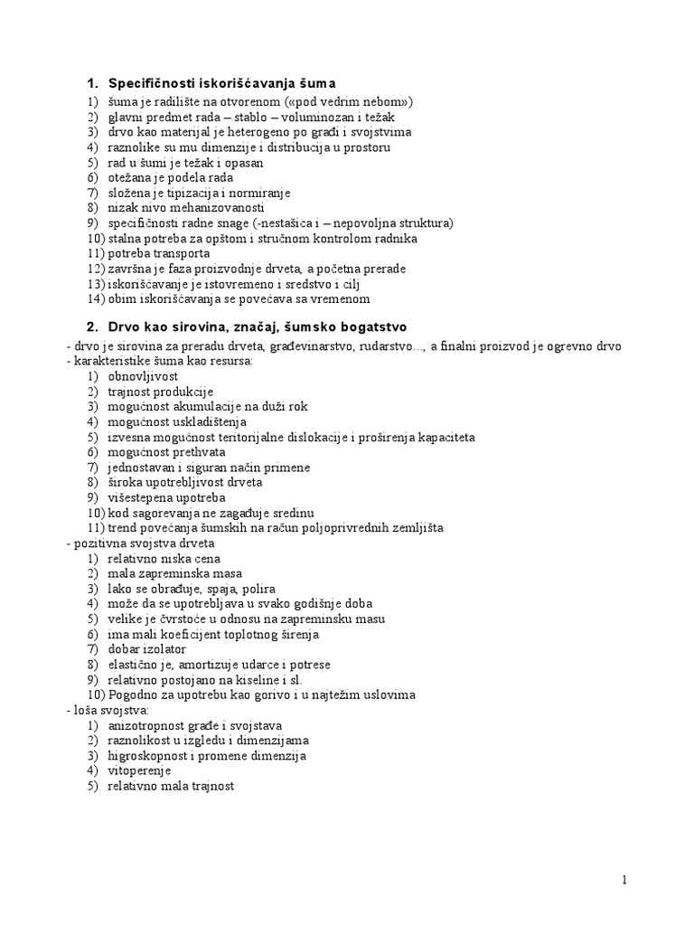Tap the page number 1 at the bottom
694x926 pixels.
point(624,880)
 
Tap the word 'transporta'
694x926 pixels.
point(181,253)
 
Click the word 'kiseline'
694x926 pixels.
point(273,679)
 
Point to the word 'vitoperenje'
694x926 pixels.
point(137,770)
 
